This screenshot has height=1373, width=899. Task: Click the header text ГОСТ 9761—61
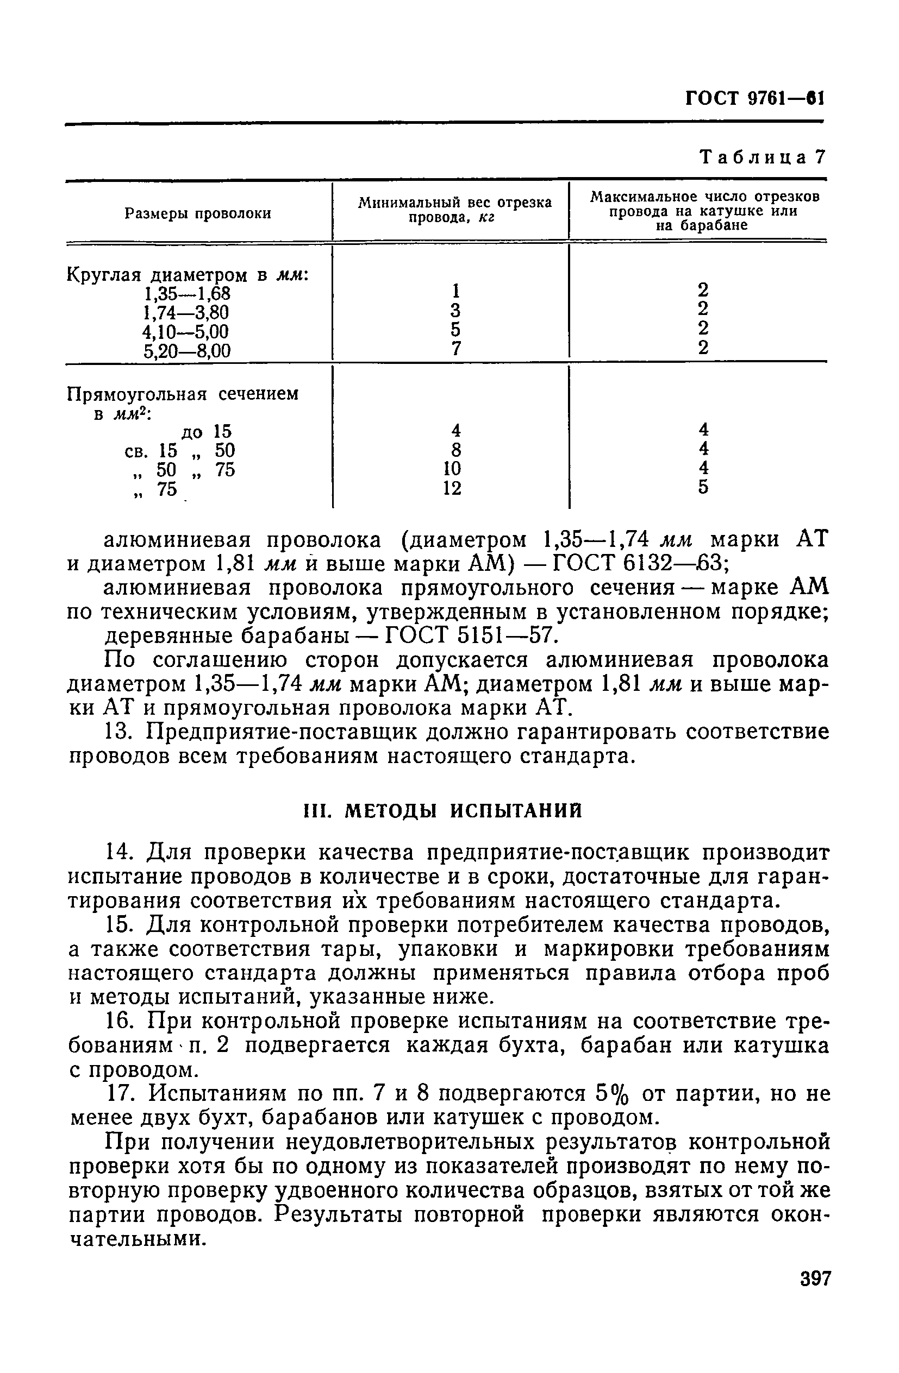(x=754, y=99)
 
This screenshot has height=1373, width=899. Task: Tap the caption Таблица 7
(x=763, y=157)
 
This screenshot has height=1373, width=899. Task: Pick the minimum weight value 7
(x=455, y=349)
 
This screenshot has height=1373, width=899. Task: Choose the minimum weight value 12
(x=452, y=489)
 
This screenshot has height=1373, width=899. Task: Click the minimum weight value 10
(x=452, y=468)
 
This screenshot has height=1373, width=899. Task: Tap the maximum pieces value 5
(x=703, y=488)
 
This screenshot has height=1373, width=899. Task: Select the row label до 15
(x=206, y=431)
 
